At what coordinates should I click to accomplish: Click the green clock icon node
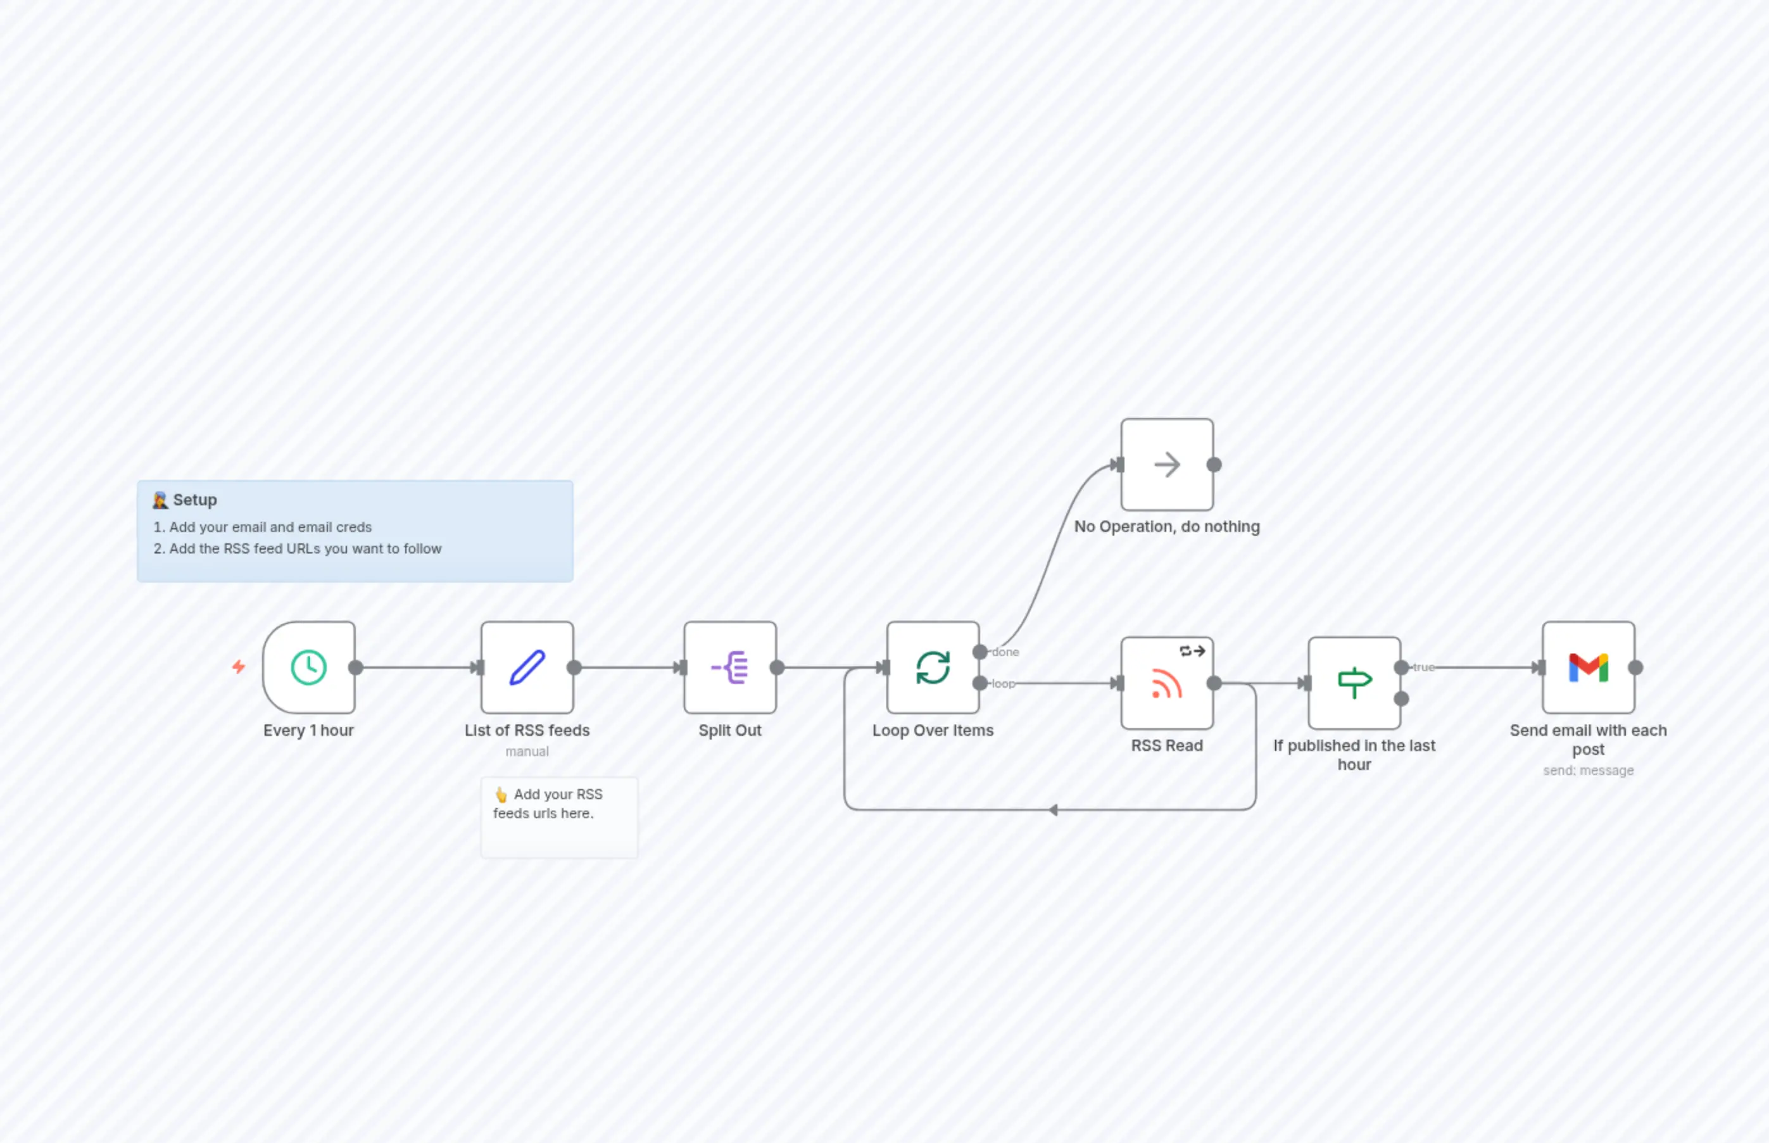click(309, 667)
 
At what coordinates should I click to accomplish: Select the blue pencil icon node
click(527, 667)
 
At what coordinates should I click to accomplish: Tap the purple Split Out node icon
click(730, 667)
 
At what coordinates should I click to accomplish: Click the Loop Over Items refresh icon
click(933, 667)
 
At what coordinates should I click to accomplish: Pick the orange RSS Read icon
click(1166, 683)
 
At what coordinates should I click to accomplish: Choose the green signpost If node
click(1354, 683)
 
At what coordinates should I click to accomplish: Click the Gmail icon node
click(1588, 667)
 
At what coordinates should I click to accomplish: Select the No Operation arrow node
click(1166, 465)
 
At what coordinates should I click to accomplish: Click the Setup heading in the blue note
click(194, 500)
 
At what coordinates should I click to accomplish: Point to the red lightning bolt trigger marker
click(238, 667)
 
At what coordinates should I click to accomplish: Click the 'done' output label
click(1005, 652)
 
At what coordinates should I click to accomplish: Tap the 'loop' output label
click(1004, 683)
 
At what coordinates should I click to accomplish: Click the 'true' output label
click(1423, 667)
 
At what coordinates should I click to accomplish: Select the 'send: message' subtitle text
click(1588, 771)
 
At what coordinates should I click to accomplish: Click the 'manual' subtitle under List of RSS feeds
click(527, 751)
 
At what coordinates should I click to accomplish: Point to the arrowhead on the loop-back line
click(1054, 810)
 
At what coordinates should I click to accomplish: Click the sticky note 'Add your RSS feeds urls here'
click(559, 816)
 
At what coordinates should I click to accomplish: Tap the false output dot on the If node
click(1401, 698)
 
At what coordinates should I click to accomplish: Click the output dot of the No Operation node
click(1214, 465)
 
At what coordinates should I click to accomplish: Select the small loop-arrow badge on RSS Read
click(1192, 651)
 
